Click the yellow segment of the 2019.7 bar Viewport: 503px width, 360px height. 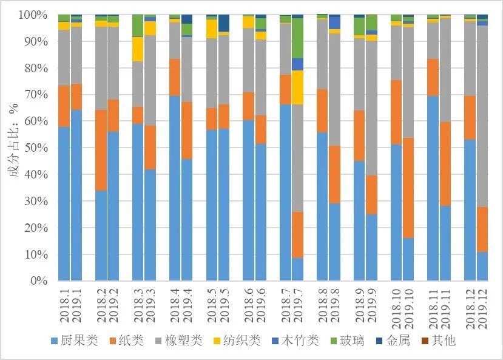coord(297,87)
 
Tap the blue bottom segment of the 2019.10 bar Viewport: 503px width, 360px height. coord(408,259)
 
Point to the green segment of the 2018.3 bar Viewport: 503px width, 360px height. coord(138,25)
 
